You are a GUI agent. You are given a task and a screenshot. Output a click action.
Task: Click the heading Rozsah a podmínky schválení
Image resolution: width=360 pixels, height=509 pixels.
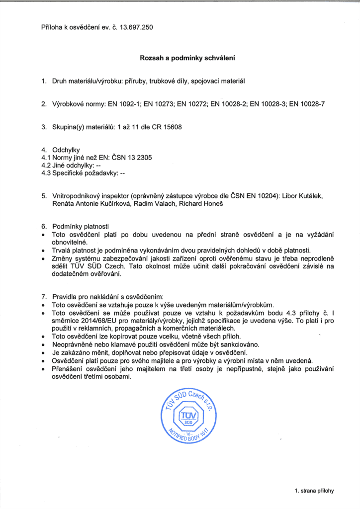[180, 58]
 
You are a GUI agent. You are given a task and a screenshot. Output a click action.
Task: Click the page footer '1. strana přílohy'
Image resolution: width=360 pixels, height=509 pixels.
[314, 491]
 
